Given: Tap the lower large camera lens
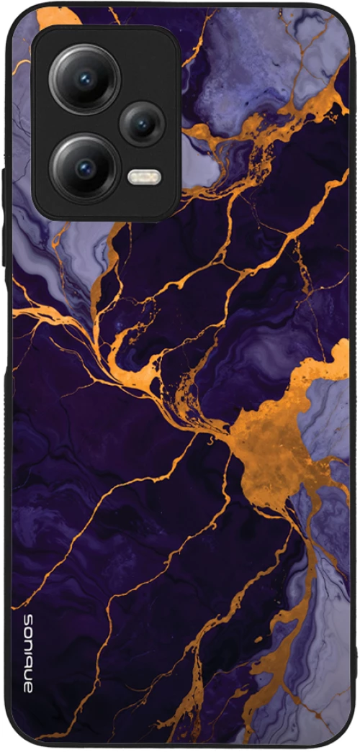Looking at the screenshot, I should coord(84,168).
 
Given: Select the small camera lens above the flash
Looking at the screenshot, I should coord(142,124).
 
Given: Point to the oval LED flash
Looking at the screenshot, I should coord(143,176).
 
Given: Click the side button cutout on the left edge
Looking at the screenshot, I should coord(6,194).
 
